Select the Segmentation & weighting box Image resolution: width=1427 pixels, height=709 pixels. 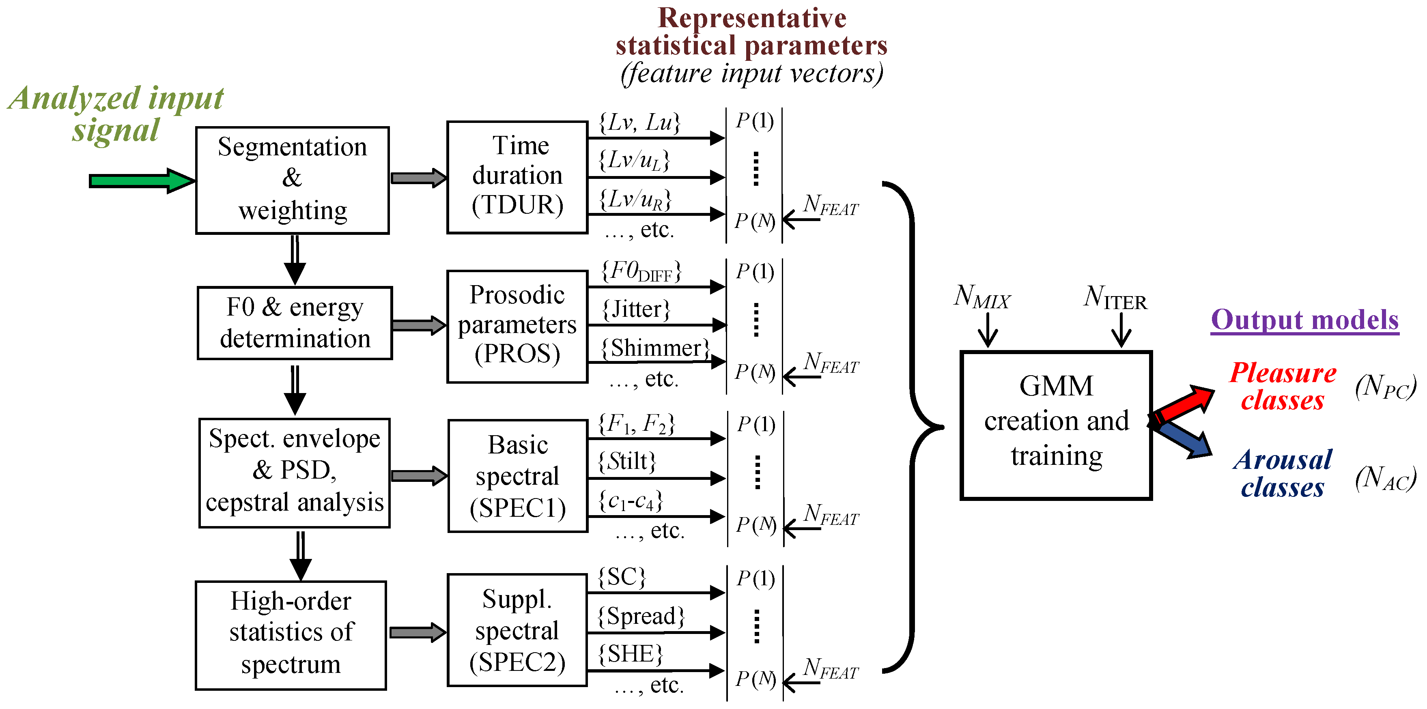click(x=293, y=180)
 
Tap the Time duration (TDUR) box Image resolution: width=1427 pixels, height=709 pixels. click(x=517, y=177)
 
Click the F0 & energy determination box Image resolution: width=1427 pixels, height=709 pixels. click(x=295, y=323)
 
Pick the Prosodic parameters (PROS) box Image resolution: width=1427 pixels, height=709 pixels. click(x=517, y=326)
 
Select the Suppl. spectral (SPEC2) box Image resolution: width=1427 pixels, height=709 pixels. click(x=517, y=630)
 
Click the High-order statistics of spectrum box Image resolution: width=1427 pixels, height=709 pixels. click(x=291, y=635)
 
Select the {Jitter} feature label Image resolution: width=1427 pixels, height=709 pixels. click(x=636, y=309)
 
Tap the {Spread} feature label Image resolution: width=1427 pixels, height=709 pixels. click(x=641, y=616)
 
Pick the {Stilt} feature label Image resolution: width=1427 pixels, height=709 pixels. click(x=628, y=461)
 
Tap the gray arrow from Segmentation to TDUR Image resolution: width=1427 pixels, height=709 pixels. click(x=418, y=178)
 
